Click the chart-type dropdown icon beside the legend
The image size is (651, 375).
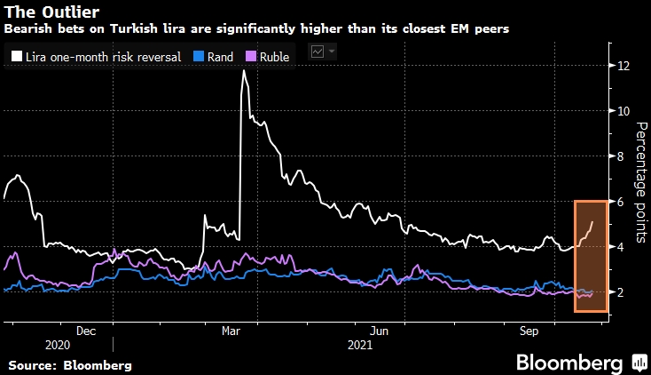[323, 53]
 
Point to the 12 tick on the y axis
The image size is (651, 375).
[624, 66]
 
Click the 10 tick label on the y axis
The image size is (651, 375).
[624, 111]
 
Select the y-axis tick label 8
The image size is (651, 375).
[624, 156]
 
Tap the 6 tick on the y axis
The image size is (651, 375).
[624, 202]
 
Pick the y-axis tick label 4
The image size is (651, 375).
[624, 247]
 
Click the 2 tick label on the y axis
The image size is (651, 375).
[624, 292]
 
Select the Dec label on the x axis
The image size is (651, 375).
[86, 330]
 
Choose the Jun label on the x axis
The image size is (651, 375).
[380, 330]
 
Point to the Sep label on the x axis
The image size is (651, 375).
[528, 330]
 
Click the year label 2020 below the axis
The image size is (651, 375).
[56, 345]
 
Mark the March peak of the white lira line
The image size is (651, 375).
[243, 70]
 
